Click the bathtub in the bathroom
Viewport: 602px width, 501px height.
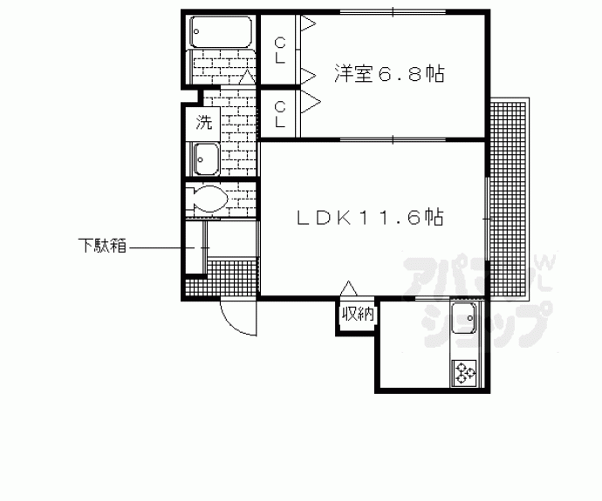pyautogui.click(x=221, y=31)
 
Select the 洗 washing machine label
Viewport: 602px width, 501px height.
pyautogui.click(x=203, y=122)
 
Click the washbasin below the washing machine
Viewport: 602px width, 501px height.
pyautogui.click(x=206, y=159)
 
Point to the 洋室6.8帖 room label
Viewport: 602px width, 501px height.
pyautogui.click(x=389, y=74)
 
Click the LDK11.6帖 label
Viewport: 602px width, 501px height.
pyautogui.click(x=371, y=218)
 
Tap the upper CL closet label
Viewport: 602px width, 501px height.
pyautogui.click(x=280, y=51)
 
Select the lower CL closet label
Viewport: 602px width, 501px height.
pyautogui.click(x=280, y=114)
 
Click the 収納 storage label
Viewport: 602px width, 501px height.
pyautogui.click(x=358, y=315)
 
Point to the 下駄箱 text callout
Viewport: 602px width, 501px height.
pyautogui.click(x=102, y=246)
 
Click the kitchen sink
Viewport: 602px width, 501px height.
pyautogui.click(x=464, y=318)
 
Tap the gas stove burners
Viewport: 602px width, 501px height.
pyautogui.click(x=464, y=373)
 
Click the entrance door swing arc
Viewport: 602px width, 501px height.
pyautogui.click(x=234, y=322)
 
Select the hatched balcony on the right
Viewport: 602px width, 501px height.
pyautogui.click(x=508, y=199)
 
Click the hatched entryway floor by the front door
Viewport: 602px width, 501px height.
pyautogui.click(x=221, y=278)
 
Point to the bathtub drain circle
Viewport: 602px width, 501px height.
pyautogui.click(x=195, y=32)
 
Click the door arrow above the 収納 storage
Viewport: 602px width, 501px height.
pyautogui.click(x=349, y=288)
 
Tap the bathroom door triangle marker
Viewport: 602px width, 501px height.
pyautogui.click(x=247, y=77)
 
